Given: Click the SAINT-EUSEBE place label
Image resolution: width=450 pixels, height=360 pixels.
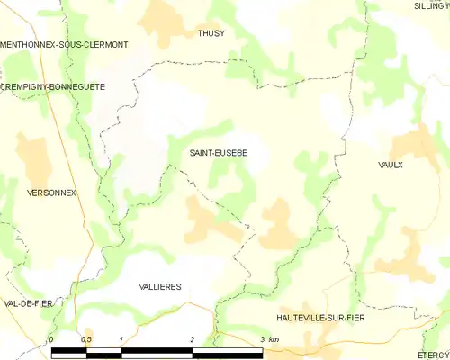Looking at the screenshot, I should tap(218, 154).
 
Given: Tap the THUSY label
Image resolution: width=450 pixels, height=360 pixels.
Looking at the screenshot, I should tap(211, 33).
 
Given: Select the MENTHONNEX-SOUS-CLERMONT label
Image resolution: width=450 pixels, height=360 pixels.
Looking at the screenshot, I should tap(64, 44).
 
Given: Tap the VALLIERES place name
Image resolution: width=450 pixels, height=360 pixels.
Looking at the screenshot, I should tap(160, 286).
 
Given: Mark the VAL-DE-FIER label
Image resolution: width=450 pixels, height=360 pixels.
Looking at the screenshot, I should tap(25, 303).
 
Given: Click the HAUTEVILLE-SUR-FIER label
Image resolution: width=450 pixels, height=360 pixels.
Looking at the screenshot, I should tap(321, 319).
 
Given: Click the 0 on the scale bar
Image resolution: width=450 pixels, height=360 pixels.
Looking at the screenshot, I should tap(51, 338).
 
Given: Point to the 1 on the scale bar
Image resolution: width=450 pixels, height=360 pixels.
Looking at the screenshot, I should tap(121, 338).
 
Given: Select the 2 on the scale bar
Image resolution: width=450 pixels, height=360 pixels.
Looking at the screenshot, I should tap(192, 338).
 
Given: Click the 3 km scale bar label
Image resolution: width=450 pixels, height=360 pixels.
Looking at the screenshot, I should tap(269, 338).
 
